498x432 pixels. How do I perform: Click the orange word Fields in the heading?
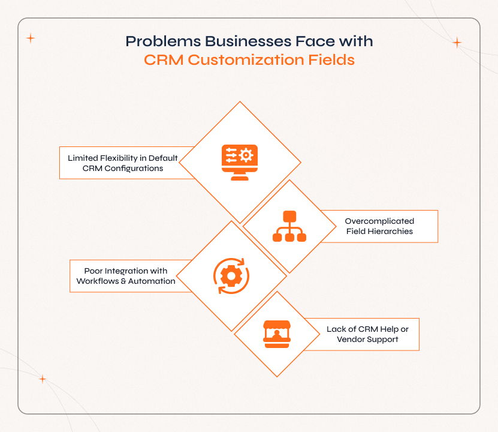point(329,60)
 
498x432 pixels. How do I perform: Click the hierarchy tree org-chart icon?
point(289,226)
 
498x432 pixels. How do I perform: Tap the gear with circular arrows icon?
point(231,275)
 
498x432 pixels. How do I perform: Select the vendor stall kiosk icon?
point(277,334)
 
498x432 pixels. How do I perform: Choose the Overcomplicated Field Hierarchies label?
point(379,226)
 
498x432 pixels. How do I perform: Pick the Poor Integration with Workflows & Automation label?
point(126,276)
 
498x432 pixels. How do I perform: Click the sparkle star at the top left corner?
point(31,38)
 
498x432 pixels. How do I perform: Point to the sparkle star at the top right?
point(457,43)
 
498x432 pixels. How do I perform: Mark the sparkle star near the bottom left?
point(43,379)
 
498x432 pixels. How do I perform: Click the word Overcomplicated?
point(379,221)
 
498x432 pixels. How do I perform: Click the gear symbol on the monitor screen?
point(246,155)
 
